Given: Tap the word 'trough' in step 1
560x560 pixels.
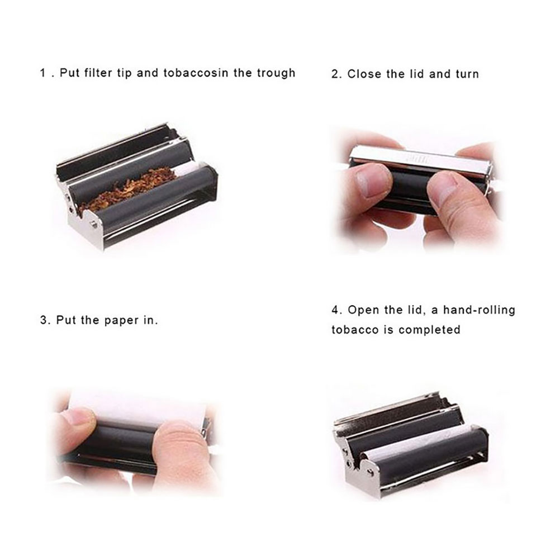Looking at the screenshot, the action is click(x=276, y=73).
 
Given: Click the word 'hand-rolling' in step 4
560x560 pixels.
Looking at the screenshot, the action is click(x=480, y=310).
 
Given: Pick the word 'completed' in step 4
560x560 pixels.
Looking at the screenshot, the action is click(x=429, y=330).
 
